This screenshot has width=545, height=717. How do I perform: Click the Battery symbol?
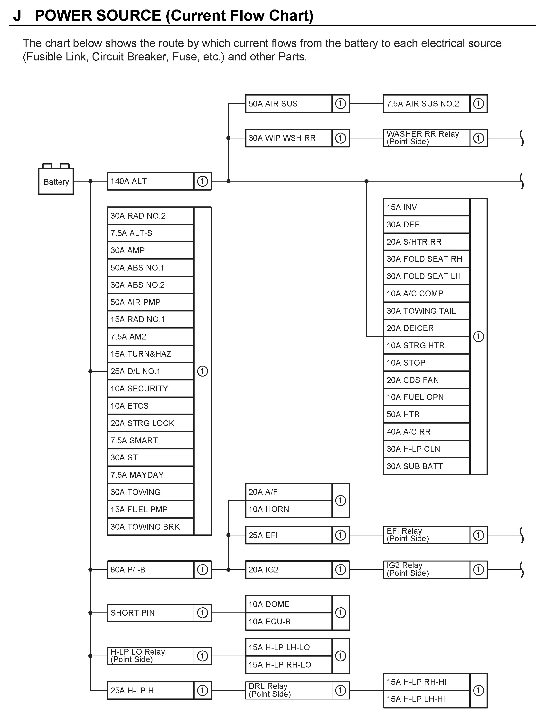click(x=56, y=181)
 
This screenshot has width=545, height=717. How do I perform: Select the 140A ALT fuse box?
click(x=150, y=181)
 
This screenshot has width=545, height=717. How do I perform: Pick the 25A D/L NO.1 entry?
click(x=150, y=371)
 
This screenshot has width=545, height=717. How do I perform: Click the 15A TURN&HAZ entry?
click(x=150, y=354)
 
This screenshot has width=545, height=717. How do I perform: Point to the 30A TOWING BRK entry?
click(x=150, y=527)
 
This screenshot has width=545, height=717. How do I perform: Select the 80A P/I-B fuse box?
click(x=150, y=570)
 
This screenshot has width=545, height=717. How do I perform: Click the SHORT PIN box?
click(x=150, y=613)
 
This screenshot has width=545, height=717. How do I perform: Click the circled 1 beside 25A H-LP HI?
click(x=202, y=690)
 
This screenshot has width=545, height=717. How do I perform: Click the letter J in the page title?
click(x=17, y=16)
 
